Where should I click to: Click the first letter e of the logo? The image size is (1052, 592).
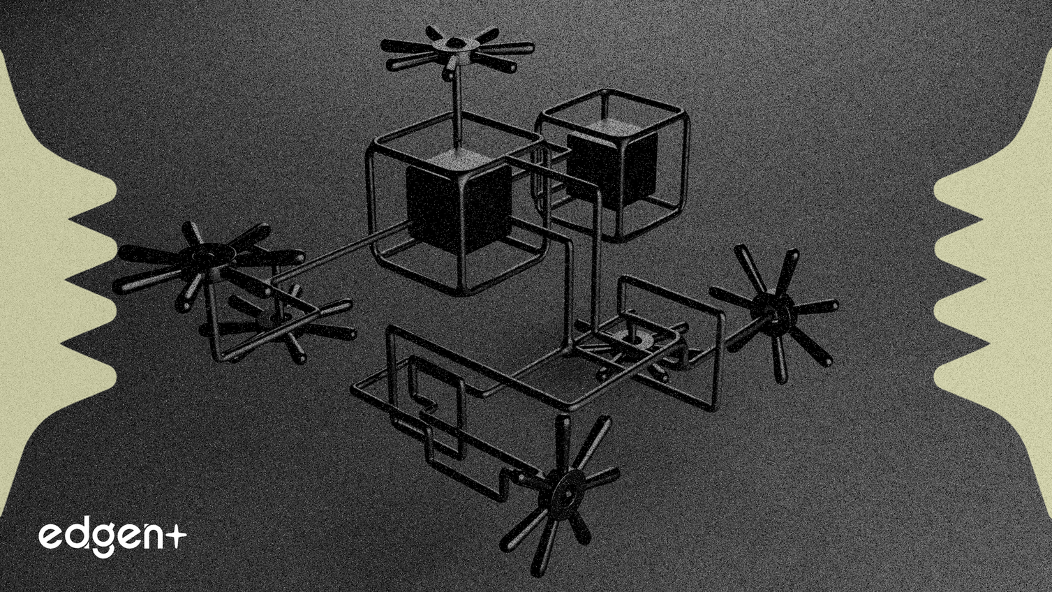click(x=51, y=536)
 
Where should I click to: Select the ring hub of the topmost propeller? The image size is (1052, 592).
click(x=456, y=45)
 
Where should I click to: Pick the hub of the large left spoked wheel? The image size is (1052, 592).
click(x=207, y=256)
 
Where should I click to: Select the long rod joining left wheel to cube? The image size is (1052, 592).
click(x=341, y=253)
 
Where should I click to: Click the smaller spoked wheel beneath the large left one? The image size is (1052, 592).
click(x=278, y=323)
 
